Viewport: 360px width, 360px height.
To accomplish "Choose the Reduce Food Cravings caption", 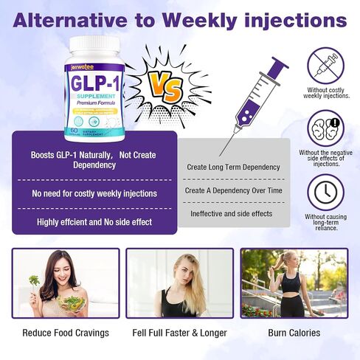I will [66, 333].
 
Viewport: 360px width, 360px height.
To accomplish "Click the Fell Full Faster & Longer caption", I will [179, 333].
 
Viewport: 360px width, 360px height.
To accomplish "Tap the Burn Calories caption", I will [294, 333].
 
